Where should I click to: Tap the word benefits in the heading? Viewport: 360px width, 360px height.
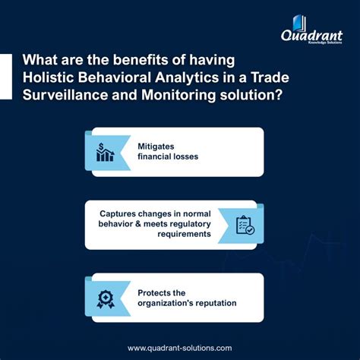[131, 60]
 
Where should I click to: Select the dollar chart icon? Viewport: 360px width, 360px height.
[104, 152]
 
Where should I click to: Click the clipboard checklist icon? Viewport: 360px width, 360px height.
[245, 226]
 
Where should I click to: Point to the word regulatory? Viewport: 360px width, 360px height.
[183, 225]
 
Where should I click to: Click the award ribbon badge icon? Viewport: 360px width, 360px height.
[104, 298]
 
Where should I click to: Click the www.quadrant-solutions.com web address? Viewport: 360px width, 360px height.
[180, 347]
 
